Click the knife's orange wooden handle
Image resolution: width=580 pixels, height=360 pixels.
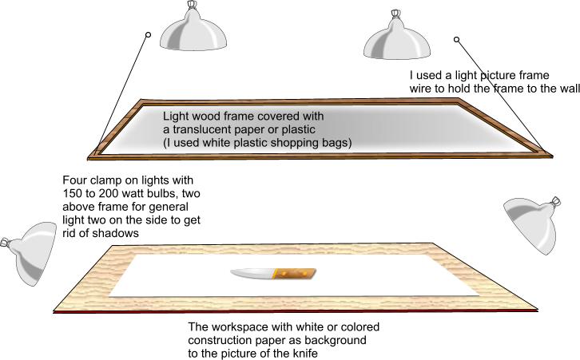click(x=294, y=275)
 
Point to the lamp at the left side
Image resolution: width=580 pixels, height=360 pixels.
click(x=30, y=255)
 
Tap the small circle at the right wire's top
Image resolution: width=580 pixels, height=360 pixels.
click(x=456, y=39)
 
